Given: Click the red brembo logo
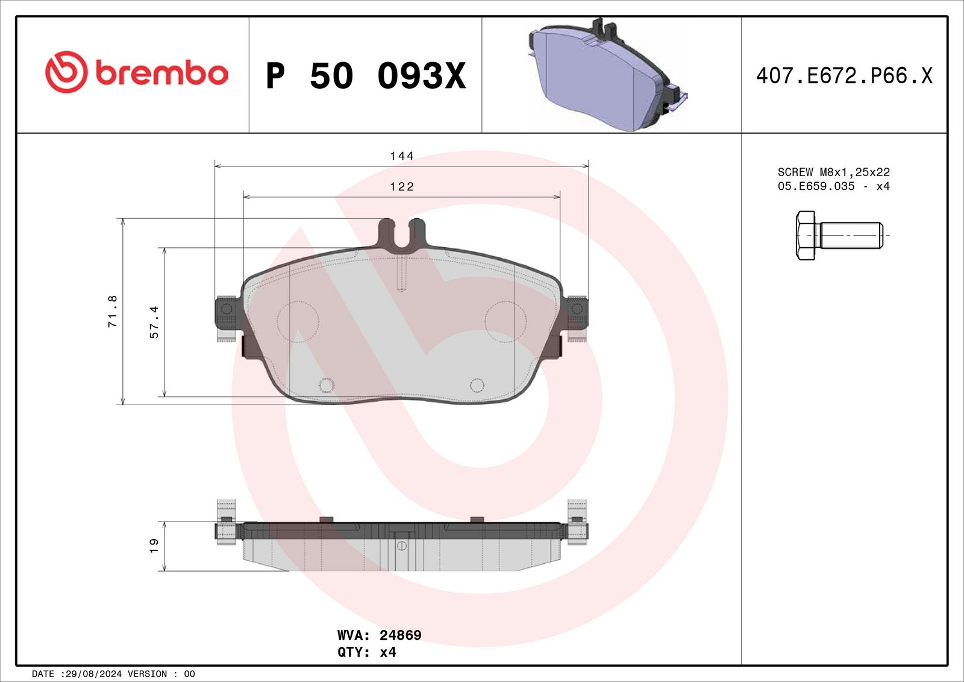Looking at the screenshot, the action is coord(136,72).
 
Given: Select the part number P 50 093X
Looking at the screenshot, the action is coord(366,76).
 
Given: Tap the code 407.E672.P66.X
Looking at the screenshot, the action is coord(844,76).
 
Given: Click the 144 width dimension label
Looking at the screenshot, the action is coord(401,156).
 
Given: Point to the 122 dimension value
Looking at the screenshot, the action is coord(401,186).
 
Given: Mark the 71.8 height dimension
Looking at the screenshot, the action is coord(112,312).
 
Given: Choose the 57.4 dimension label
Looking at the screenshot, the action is coord(154,322).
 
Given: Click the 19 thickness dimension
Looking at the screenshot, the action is coord(154,546).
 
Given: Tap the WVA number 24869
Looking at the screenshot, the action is coord(400,635).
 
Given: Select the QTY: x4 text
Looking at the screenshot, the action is coord(367,652).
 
